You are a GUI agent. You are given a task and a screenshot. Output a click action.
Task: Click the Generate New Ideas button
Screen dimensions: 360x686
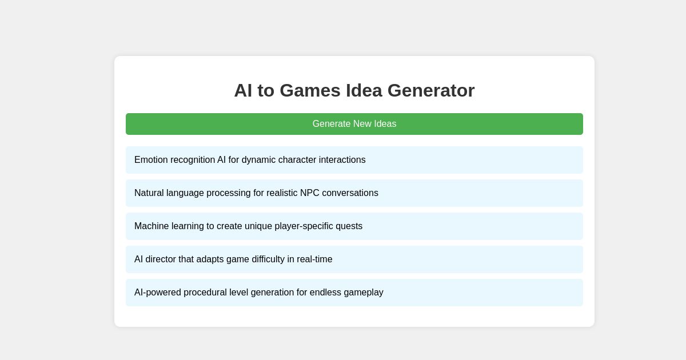(x=354, y=124)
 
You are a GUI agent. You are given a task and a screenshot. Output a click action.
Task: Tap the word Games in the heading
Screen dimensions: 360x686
(x=310, y=90)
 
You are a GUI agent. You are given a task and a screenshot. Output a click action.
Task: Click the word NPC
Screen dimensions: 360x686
(x=310, y=193)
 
